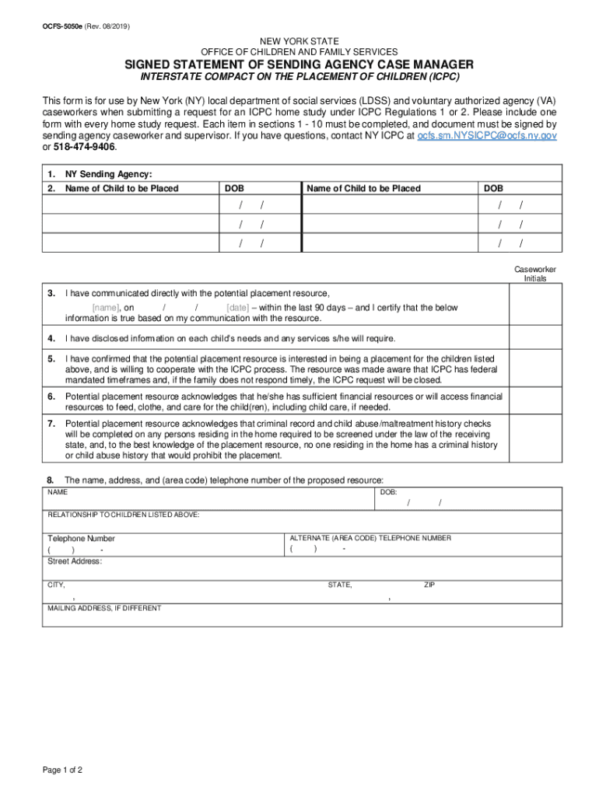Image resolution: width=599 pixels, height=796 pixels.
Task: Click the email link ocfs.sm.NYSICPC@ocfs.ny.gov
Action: coord(487,135)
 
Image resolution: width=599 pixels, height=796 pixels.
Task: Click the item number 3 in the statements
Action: coord(51,293)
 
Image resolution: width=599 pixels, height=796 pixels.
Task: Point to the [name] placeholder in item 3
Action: coord(105,308)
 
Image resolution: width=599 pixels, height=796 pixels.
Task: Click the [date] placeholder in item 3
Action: coord(238,308)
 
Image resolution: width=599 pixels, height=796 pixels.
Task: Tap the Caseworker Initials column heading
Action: coord(534,274)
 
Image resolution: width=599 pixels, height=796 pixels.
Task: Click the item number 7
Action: coord(51,424)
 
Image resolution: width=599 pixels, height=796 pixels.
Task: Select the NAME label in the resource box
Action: coord(58,493)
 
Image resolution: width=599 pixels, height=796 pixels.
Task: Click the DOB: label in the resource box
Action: coord(388,493)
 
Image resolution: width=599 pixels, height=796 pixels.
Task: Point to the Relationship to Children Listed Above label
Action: coord(124,515)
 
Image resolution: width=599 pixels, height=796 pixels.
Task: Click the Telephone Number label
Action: coord(81,538)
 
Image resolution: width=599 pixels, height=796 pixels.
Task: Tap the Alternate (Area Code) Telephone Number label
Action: coord(370,538)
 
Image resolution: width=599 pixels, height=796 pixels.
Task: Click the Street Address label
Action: coord(75,560)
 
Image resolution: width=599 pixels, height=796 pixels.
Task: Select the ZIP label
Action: coord(429,585)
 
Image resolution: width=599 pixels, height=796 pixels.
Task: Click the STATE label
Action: coord(340,585)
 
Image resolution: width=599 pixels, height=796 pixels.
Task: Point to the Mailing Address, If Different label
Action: coord(104,608)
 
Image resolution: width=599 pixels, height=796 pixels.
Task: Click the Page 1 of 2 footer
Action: coord(62,770)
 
